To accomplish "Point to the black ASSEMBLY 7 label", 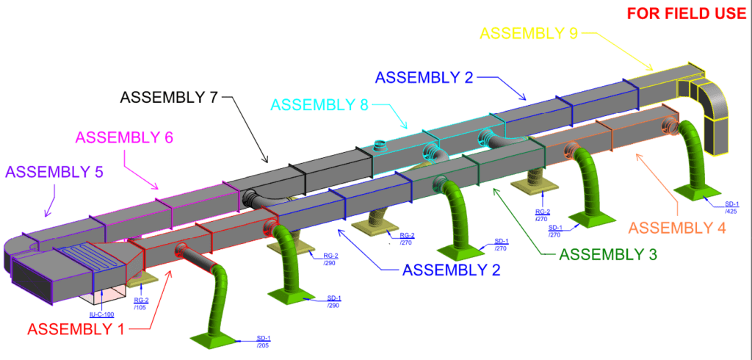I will pyautogui.click(x=170, y=97).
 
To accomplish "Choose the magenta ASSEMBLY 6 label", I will pyautogui.click(x=124, y=137).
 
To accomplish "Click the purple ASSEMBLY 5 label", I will pyautogui.click(x=54, y=172).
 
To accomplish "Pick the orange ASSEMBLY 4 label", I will pyautogui.click(x=678, y=228).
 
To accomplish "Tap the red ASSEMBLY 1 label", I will pyautogui.click(x=76, y=328).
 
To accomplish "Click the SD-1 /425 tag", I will pyautogui.click(x=731, y=206).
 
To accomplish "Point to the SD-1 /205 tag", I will pyautogui.click(x=262, y=342).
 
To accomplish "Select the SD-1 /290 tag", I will pyautogui.click(x=333, y=301).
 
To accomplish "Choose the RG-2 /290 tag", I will pyautogui.click(x=330, y=259).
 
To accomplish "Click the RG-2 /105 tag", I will pyautogui.click(x=141, y=303).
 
